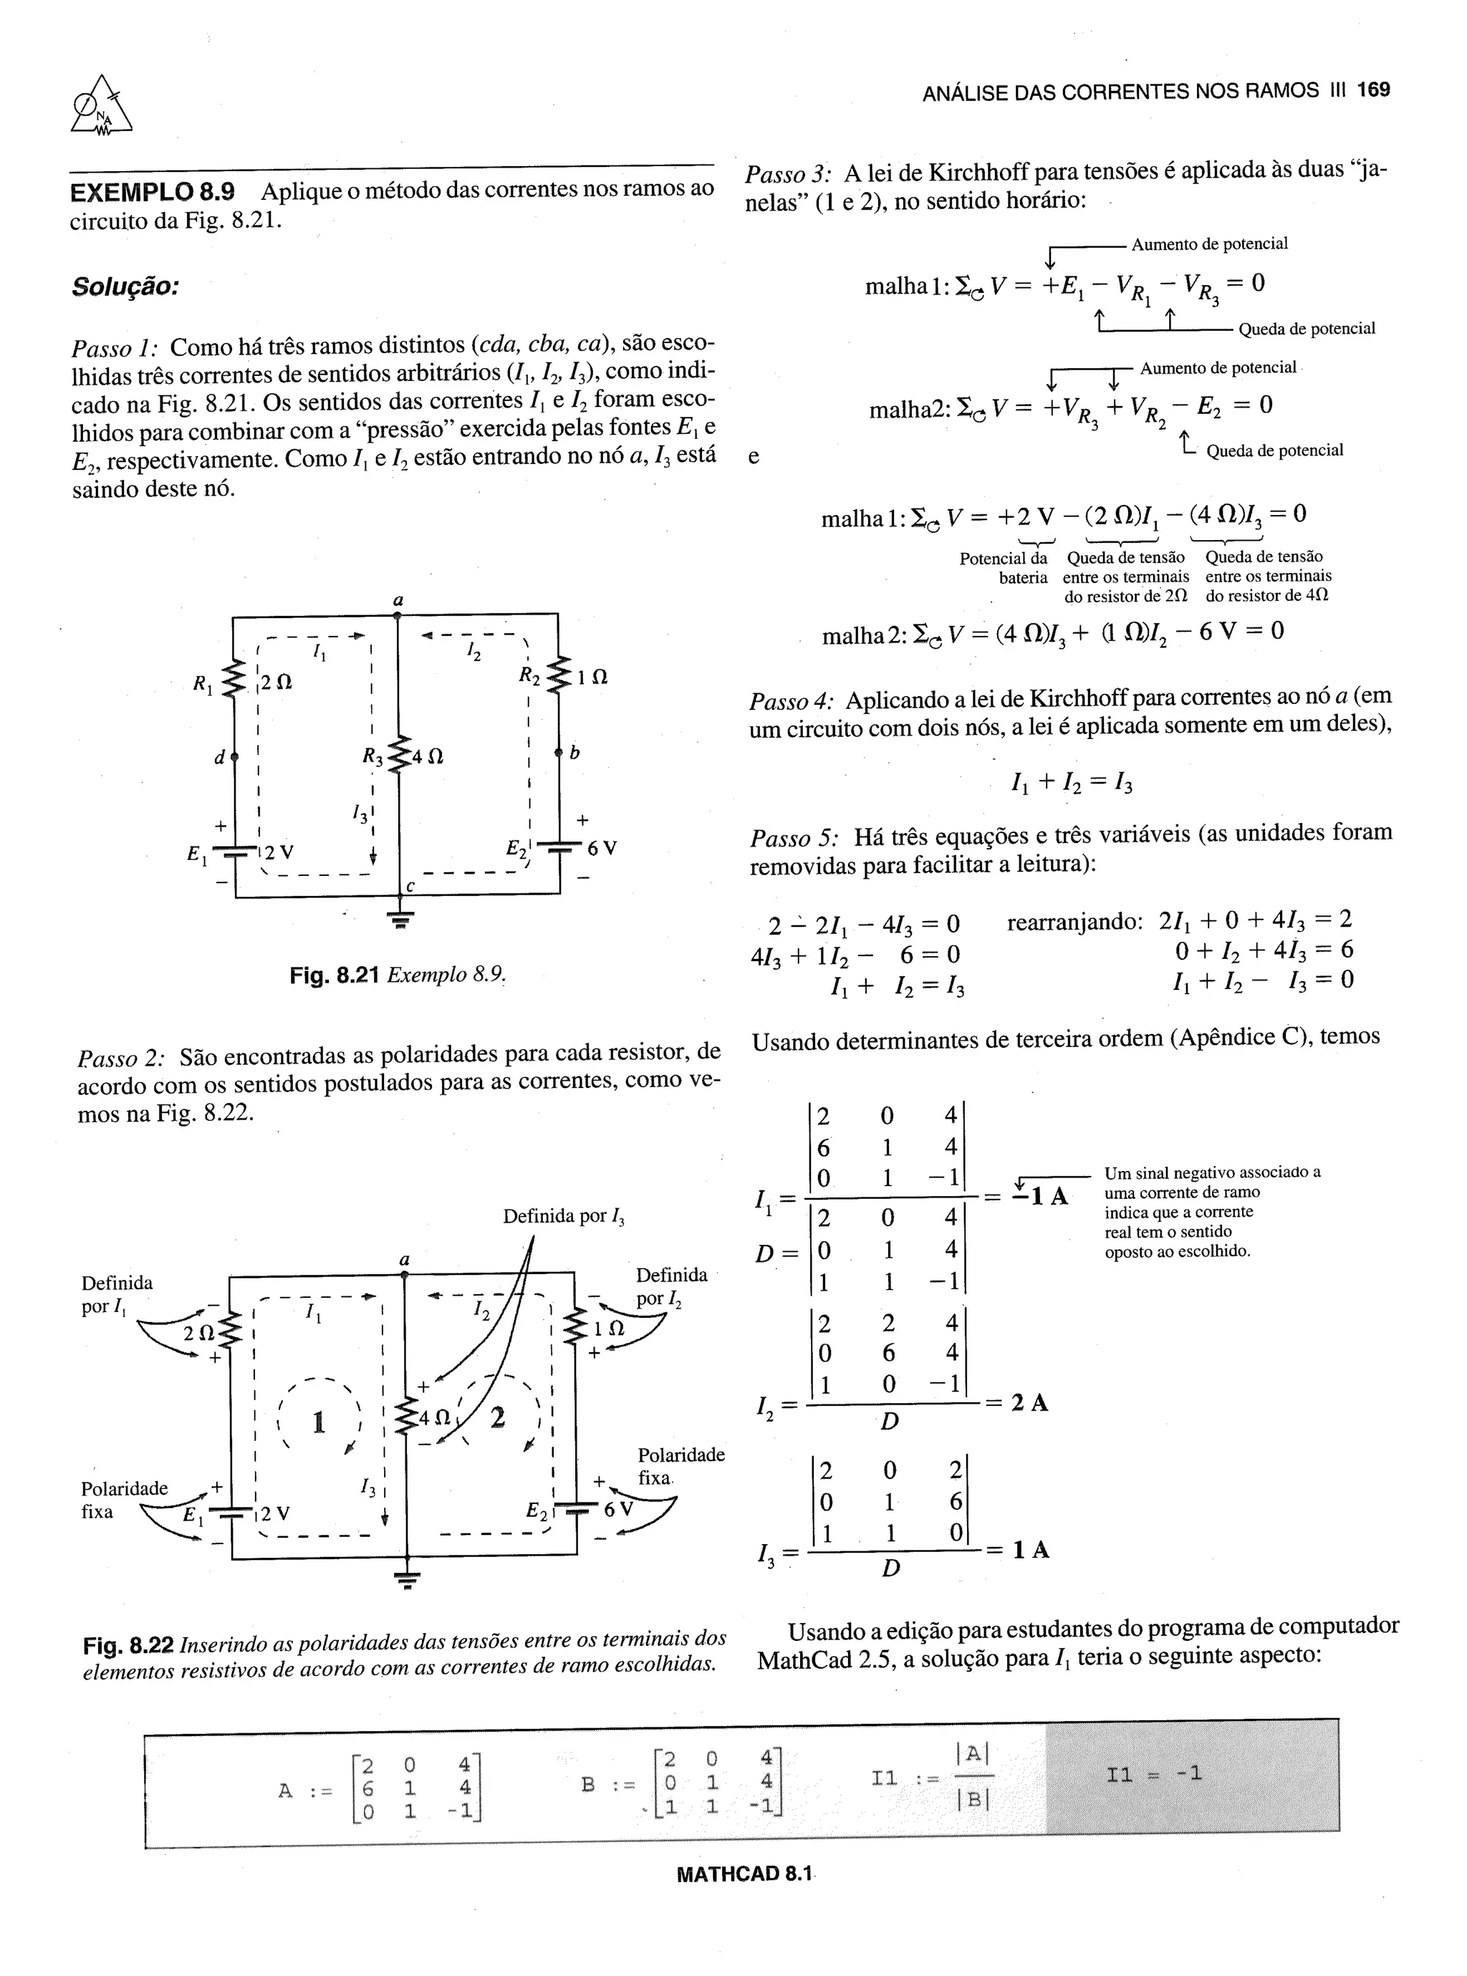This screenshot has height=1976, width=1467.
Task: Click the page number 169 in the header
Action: point(1373,90)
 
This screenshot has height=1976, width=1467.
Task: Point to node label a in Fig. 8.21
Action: point(398,600)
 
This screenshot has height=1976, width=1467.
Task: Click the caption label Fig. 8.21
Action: point(334,975)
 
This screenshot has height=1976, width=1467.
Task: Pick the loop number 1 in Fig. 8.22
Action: point(318,1423)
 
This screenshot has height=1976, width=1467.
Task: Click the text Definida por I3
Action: point(564,1216)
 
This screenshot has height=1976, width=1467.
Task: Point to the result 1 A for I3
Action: point(1030,1550)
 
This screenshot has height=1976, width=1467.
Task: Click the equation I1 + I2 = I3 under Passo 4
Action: point(1071,783)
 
